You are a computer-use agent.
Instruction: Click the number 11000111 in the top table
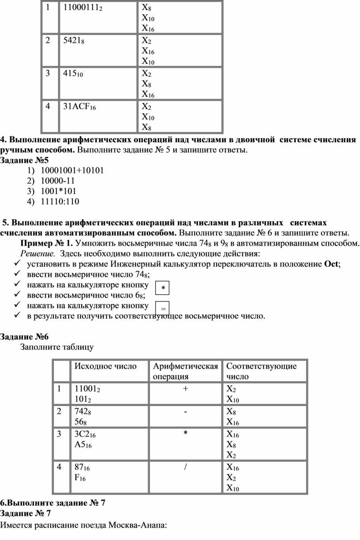(x=82, y=8)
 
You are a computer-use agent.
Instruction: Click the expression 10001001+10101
(x=72, y=170)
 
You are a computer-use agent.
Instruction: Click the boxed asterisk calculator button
(x=163, y=288)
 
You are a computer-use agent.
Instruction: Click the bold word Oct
(x=330, y=264)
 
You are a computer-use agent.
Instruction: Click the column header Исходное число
(x=105, y=366)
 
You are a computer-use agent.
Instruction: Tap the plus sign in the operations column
(x=185, y=389)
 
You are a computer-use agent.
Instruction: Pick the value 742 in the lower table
(x=81, y=412)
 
